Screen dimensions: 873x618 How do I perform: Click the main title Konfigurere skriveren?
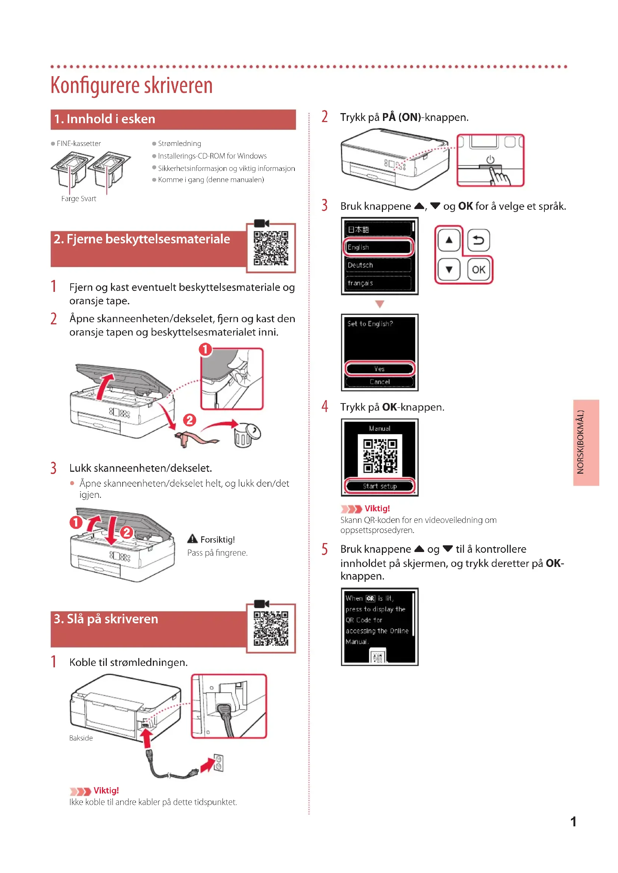pyautogui.click(x=131, y=85)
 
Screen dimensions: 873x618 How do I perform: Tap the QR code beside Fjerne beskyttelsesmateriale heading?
pyautogui.click(x=271, y=248)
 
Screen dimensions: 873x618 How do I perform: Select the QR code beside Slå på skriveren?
pyautogui.click(x=271, y=628)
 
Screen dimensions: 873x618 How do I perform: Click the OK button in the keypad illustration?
pyautogui.click(x=478, y=269)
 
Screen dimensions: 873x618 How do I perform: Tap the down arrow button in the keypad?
pyautogui.click(x=449, y=269)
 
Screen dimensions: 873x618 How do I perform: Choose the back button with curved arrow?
pyautogui.click(x=478, y=240)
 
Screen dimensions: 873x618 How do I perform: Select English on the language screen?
pyautogui.click(x=378, y=247)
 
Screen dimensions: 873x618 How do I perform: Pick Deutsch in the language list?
pyautogui.click(x=378, y=265)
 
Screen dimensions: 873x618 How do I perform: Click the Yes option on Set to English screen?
pyautogui.click(x=379, y=368)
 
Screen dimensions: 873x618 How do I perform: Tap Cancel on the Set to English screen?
pyautogui.click(x=379, y=381)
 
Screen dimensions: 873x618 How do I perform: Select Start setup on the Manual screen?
pyautogui.click(x=379, y=486)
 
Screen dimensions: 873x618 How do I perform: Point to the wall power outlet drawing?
pyautogui.click(x=219, y=763)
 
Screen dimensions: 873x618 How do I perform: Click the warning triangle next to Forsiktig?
pyautogui.click(x=192, y=539)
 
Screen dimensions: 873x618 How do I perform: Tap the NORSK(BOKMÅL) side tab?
pyautogui.click(x=585, y=442)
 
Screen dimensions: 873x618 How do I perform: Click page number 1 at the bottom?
pyautogui.click(x=573, y=821)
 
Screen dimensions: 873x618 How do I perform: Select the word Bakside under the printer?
pyautogui.click(x=81, y=738)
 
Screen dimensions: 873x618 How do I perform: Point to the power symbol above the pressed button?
pyautogui.click(x=490, y=160)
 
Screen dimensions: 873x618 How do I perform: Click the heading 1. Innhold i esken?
pyautogui.click(x=105, y=119)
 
